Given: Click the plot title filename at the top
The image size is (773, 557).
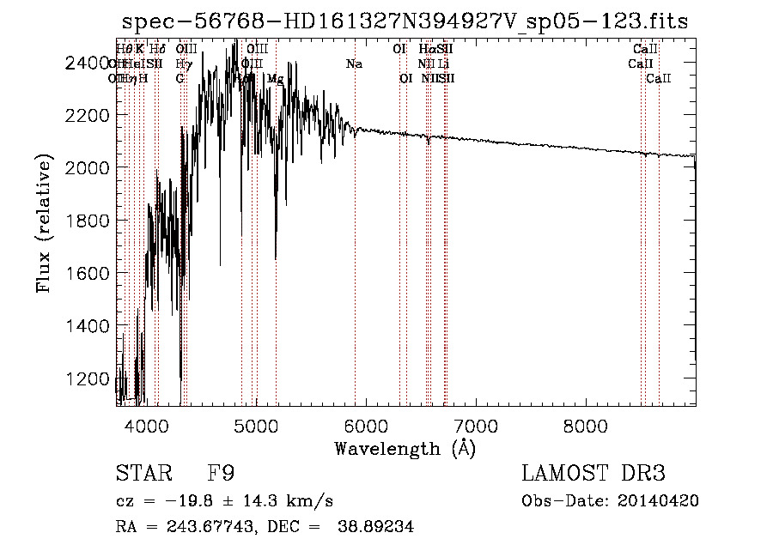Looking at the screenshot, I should [x=405, y=21].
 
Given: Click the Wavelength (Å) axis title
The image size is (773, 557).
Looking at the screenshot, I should [x=405, y=448].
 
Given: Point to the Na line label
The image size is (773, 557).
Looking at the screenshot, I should [x=354, y=64].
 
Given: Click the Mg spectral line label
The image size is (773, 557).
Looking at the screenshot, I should [x=276, y=79].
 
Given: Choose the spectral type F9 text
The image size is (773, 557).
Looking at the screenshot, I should [x=222, y=474].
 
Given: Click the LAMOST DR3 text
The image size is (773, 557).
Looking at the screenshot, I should [x=593, y=474].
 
